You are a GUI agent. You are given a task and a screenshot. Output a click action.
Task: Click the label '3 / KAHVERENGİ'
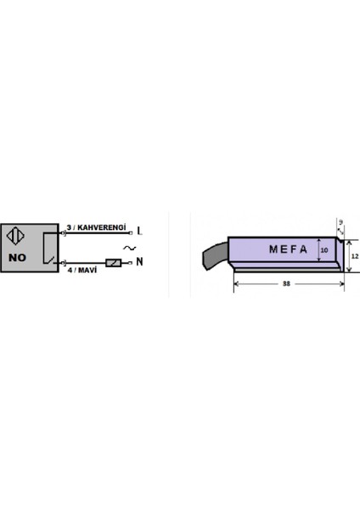coord(97,227)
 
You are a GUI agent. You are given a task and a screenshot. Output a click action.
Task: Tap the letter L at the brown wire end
coord(139,231)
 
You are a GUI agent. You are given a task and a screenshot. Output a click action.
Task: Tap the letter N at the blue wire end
coord(138,262)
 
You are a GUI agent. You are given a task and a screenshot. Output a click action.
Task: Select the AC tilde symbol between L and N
coord(129,247)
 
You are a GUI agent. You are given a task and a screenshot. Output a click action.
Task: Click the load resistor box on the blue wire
coord(113,263)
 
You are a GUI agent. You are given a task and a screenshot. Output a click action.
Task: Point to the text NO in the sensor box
coord(18,255)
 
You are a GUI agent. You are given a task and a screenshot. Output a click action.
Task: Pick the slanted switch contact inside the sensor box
coord(53,256)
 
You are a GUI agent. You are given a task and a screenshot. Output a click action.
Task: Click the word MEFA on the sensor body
coord(287,249)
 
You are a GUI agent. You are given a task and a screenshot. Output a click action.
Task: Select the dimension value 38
coord(287,285)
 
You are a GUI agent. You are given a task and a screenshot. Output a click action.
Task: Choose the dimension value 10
coord(323,250)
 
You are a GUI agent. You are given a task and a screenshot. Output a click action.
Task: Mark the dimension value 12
coord(355,255)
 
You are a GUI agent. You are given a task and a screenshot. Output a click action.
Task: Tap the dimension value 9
coord(340,222)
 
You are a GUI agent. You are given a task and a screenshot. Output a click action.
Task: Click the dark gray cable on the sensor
coord(215,254)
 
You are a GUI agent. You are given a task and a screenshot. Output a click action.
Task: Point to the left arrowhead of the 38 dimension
coord(236,285)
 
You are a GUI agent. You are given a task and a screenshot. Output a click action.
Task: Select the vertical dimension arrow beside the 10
coord(317,250)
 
